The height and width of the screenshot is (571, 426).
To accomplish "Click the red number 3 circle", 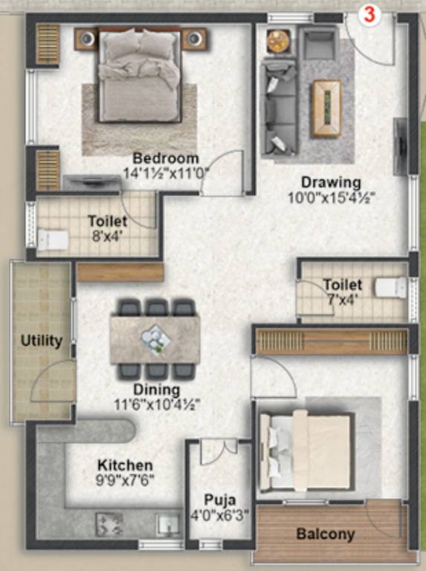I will tap(369, 13).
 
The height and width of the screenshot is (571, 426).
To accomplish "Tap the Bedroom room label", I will tap(166, 158).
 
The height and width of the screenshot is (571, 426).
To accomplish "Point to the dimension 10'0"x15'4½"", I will tap(332, 198).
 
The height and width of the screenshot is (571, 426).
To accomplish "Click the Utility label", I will tap(42, 342).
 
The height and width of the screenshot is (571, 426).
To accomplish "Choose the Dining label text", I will tap(156, 390).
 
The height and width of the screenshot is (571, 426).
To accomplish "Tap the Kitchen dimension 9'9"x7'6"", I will tap(126, 480).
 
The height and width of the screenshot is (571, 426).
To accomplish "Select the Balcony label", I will tap(326, 534).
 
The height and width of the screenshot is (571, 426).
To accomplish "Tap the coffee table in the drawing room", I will tap(326, 109).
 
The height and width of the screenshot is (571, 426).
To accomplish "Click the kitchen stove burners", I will tap(109, 523).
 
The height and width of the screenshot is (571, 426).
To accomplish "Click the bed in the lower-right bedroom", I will tap(306, 452).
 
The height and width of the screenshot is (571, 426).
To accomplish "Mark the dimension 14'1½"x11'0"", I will tap(167, 173).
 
